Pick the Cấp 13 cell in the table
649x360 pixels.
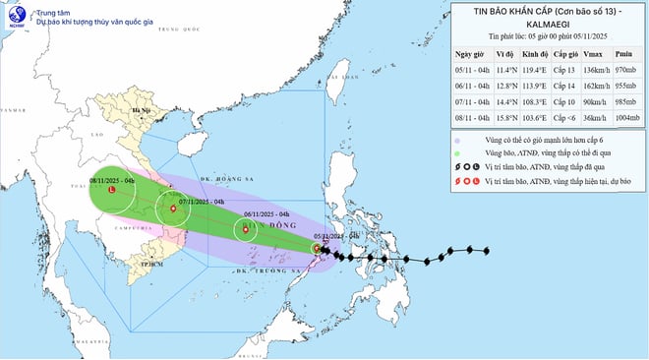(562, 71)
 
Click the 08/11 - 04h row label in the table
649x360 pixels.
(472, 115)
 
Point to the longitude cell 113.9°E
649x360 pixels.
(534, 86)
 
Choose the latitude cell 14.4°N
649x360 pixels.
(504, 100)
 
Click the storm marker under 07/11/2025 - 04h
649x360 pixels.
(173, 209)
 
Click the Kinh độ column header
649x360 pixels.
(534, 55)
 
